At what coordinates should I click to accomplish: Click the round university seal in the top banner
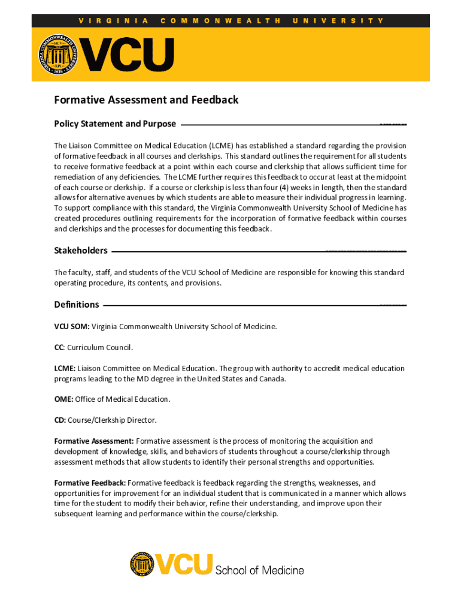coord(59,55)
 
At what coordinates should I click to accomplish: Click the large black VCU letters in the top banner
coord(128,55)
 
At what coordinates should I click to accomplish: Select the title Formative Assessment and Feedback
coord(146,100)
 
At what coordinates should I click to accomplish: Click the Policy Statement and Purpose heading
coord(115,124)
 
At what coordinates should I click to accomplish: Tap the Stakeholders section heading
coord(81,251)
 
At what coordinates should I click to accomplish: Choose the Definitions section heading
coord(77,305)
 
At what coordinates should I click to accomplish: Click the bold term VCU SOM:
coord(72,327)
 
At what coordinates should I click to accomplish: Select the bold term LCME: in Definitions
coord(65,368)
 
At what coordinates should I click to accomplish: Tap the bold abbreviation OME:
coord(64,399)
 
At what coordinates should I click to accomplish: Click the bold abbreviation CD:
coord(60,420)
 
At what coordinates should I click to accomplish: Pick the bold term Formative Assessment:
coord(94,441)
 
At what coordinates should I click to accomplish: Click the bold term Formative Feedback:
coord(90,483)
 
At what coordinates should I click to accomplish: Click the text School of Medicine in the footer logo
coord(259,570)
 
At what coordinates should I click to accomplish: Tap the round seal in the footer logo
coord(142,564)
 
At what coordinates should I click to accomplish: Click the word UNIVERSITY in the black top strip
coord(338,20)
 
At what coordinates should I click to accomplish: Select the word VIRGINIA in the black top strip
coord(114,20)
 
